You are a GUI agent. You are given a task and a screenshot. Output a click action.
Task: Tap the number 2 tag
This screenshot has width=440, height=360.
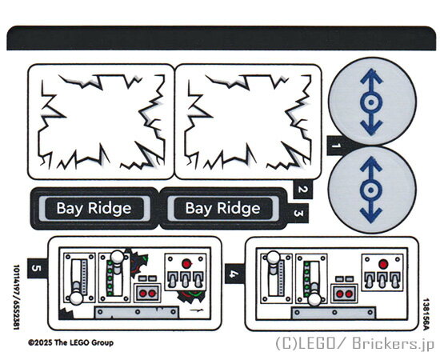(x=302, y=189)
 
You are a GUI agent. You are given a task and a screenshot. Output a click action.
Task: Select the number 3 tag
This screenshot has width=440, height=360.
(x=298, y=214)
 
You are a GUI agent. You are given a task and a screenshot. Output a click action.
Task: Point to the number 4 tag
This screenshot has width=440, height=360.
(x=234, y=274)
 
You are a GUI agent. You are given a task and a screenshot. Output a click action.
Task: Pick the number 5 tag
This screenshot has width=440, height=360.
(x=37, y=268)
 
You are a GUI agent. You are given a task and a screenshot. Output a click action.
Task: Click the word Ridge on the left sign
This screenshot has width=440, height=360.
(x=110, y=209)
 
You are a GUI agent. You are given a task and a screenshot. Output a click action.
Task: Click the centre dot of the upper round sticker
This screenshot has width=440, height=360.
(x=371, y=102)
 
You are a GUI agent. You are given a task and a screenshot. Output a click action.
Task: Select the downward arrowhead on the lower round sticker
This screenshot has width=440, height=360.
(x=371, y=215)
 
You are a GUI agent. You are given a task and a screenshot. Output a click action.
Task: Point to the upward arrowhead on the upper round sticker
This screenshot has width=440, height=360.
(x=371, y=76)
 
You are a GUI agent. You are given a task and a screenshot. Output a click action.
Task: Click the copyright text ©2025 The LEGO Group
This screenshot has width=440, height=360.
(x=70, y=342)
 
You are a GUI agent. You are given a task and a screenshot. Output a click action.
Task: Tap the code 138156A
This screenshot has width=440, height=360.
(x=426, y=314)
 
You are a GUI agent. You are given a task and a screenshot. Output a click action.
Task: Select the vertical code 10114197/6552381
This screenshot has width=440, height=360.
(x=17, y=297)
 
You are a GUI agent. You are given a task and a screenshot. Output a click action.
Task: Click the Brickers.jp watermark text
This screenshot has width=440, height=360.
(x=393, y=343)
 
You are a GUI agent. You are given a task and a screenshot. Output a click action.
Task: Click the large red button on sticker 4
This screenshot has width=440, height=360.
(x=383, y=264)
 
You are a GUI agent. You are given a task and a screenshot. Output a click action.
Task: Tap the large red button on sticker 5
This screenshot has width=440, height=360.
(x=186, y=264)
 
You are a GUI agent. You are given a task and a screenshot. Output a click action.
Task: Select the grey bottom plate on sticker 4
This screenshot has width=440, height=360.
(x=334, y=313)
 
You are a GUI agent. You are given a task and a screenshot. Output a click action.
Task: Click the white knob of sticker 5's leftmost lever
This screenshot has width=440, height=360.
(x=76, y=298)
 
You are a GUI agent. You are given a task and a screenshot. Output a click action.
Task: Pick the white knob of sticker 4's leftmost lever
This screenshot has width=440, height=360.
(x=273, y=258)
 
